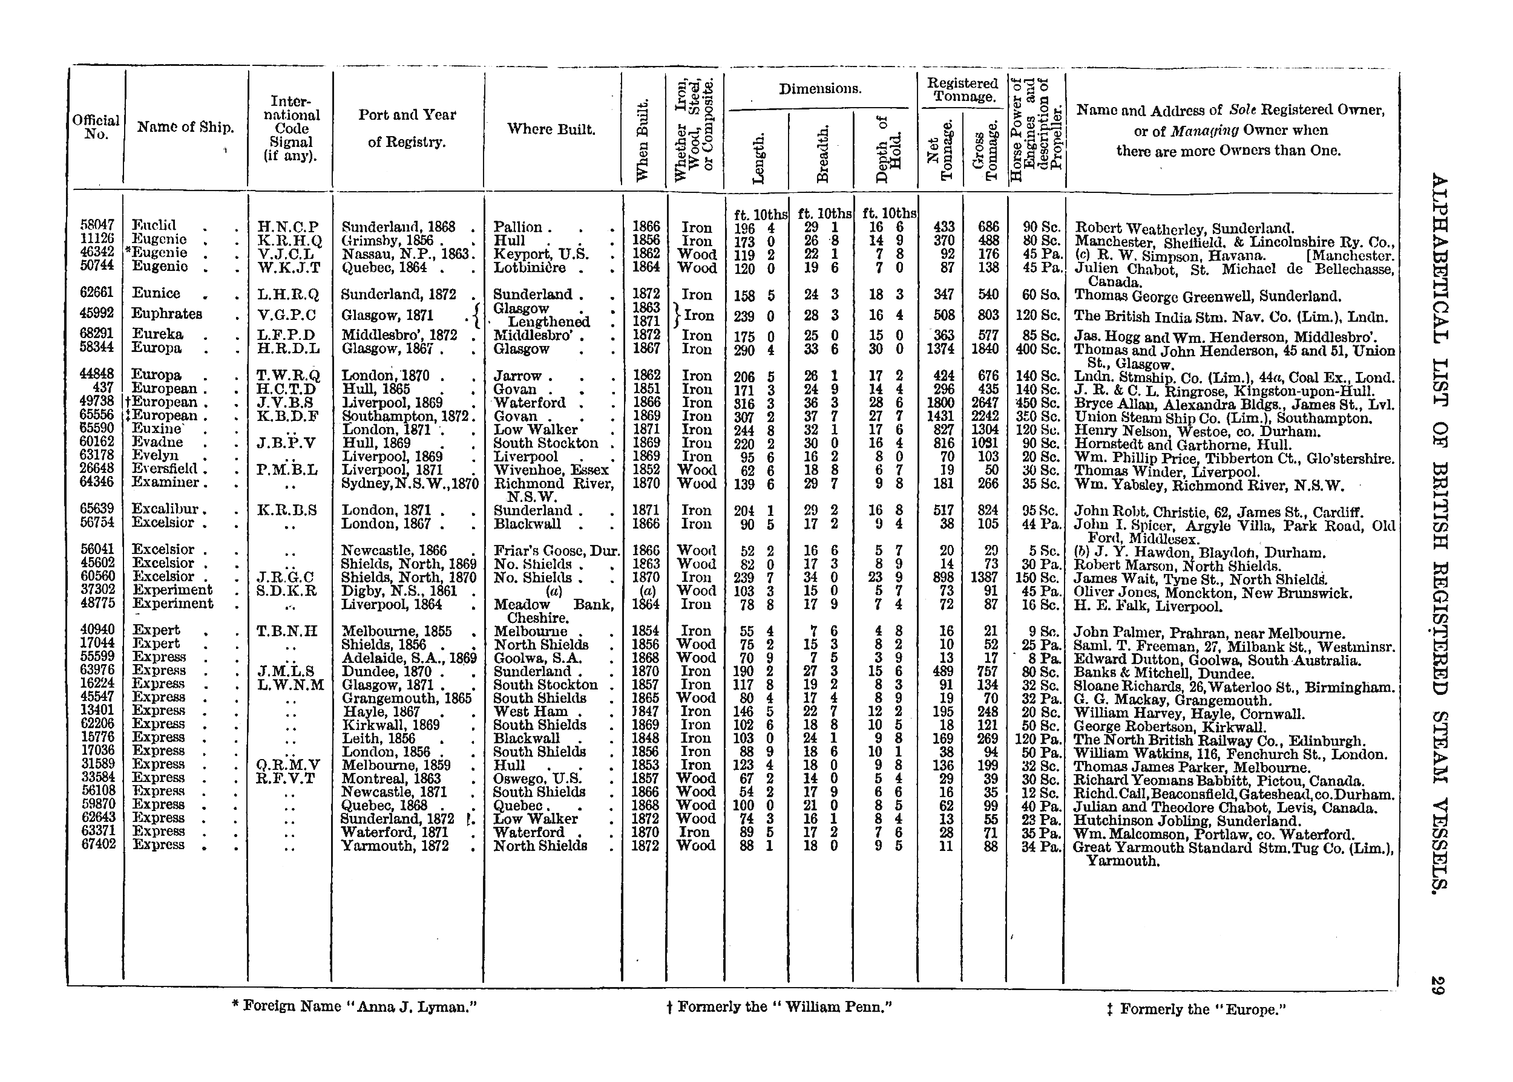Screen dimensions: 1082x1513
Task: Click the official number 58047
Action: pyautogui.click(x=96, y=226)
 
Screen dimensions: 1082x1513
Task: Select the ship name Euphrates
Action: pyautogui.click(x=166, y=314)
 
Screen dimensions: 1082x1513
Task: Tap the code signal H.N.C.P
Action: pyautogui.click(x=288, y=227)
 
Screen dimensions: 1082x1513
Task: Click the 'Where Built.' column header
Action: pyautogui.click(x=551, y=129)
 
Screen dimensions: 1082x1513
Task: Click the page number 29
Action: pyautogui.click(x=1437, y=985)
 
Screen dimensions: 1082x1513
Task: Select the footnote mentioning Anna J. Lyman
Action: pyautogui.click(x=355, y=1006)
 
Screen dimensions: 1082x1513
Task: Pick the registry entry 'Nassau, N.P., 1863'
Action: pyautogui.click(x=407, y=254)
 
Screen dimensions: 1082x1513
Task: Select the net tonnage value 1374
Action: pyautogui.click(x=940, y=348)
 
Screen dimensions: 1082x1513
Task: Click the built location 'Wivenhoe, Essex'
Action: pyautogui.click(x=551, y=471)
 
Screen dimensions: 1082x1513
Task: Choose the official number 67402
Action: pyautogui.click(x=97, y=844)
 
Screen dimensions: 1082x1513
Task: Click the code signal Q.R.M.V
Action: pyautogui.click(x=288, y=765)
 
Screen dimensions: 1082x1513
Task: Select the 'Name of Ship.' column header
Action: pyautogui.click(x=185, y=127)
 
